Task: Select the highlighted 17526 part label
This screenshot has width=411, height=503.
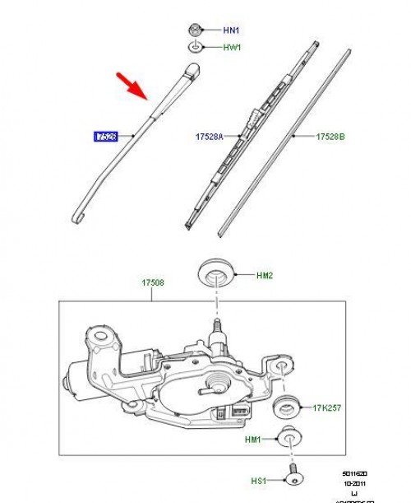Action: pos(106,136)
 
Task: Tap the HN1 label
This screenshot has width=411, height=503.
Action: pos(233,30)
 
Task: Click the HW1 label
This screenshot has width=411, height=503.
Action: pos(233,48)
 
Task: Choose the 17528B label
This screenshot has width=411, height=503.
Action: pos(333,136)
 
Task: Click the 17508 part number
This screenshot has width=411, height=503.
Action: pos(152,282)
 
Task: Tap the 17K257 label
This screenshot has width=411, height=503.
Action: pos(327,407)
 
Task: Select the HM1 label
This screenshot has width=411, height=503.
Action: pos(252,440)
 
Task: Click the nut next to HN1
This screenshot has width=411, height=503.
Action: pos(196,29)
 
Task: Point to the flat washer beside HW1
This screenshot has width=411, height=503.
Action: pos(196,48)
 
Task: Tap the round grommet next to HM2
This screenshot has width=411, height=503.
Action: pos(215,274)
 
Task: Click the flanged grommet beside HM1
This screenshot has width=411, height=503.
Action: pos(289,438)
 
